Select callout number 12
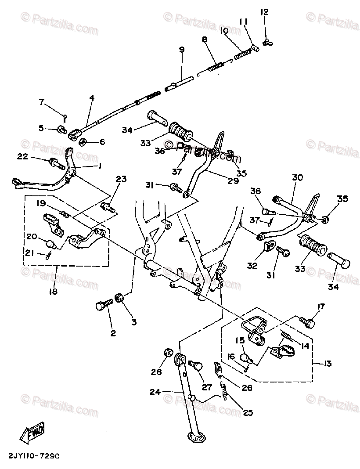264,12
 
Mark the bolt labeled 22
55,163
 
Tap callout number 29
233,180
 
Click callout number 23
121,179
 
